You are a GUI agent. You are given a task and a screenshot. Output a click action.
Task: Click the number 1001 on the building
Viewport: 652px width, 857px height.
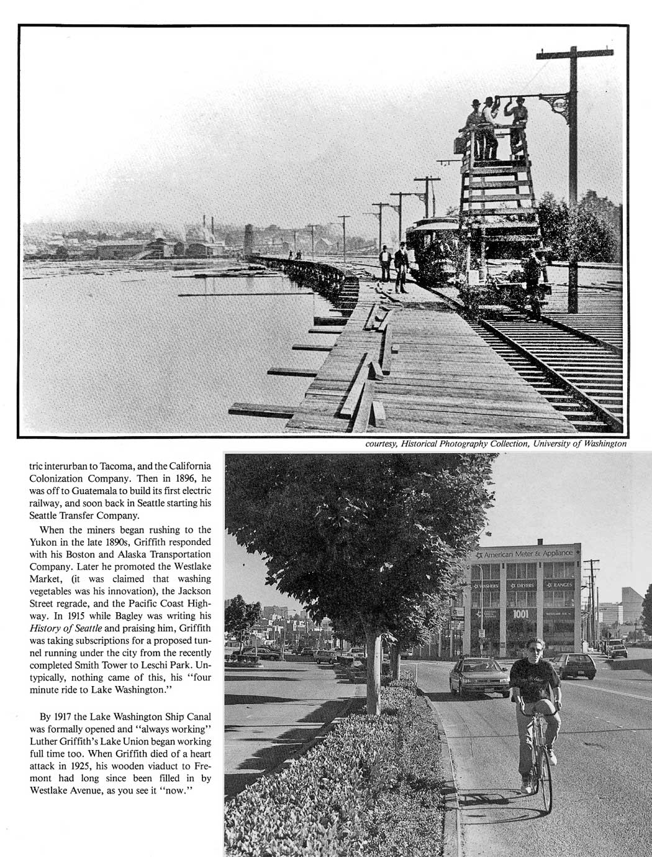point(520,613)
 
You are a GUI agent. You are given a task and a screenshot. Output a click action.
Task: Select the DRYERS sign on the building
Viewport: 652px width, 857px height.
point(522,585)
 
